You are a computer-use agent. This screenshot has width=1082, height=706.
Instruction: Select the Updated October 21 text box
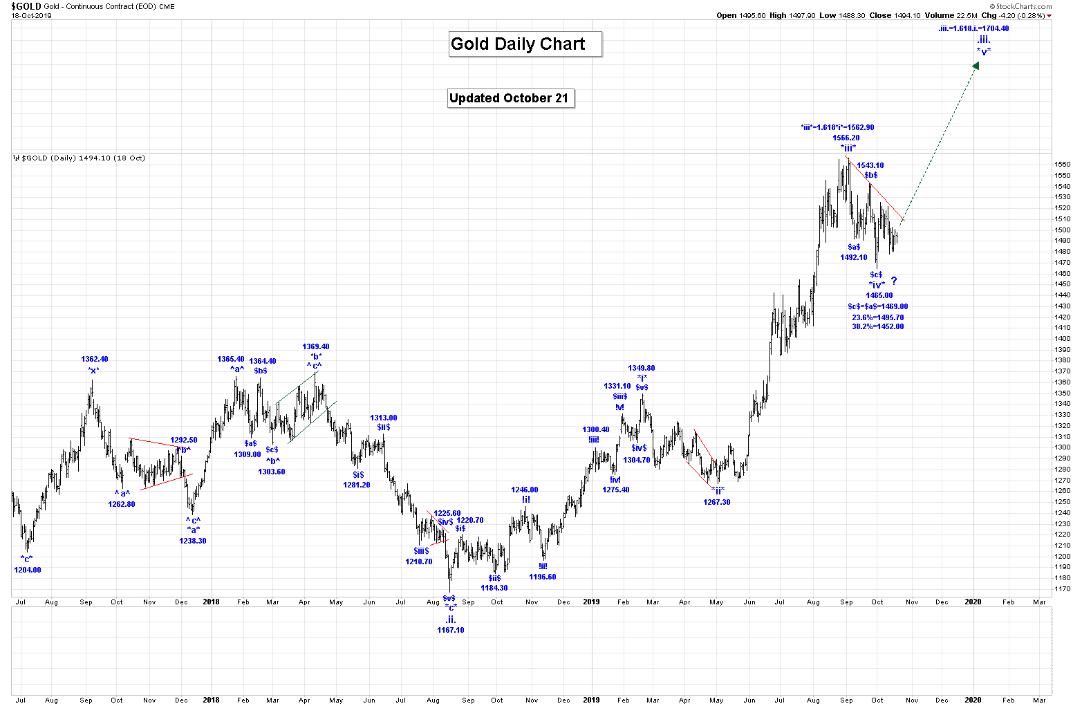tap(510, 98)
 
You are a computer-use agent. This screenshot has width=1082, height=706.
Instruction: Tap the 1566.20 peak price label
tap(846, 138)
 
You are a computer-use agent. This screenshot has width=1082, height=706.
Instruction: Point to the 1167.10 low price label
tap(450, 630)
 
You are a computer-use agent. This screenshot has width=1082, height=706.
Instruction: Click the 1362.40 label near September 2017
tap(95, 360)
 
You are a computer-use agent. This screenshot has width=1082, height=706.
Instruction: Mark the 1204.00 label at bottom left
tap(28, 570)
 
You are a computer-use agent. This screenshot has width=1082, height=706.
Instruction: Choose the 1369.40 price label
tap(315, 346)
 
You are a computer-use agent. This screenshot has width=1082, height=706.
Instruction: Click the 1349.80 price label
tap(641, 369)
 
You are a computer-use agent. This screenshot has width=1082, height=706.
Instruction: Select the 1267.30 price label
tap(717, 502)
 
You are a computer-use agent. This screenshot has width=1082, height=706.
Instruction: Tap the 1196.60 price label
tap(542, 577)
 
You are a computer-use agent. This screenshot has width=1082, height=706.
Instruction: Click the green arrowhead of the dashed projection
tap(976, 66)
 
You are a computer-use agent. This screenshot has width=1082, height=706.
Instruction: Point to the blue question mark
tap(893, 281)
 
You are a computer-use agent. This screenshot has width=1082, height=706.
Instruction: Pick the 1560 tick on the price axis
tap(1062, 165)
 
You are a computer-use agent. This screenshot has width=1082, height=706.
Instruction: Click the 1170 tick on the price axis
tap(1062, 589)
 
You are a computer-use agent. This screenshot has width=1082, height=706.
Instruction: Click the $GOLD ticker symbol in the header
tap(26, 6)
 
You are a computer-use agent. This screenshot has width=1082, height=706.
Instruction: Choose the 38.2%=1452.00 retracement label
tap(877, 326)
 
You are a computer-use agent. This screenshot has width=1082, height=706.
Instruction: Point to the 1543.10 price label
tap(870, 165)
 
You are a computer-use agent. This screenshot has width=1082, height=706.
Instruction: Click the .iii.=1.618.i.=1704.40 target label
tap(973, 29)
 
